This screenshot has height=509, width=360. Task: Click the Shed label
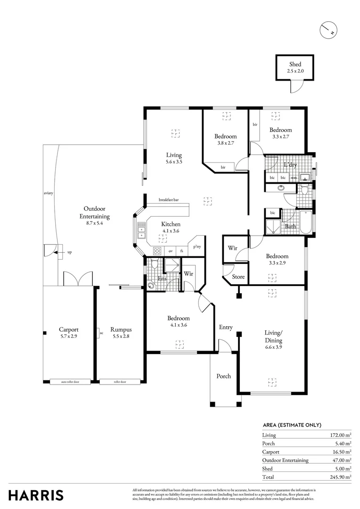[295, 65]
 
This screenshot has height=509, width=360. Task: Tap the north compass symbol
[327, 31]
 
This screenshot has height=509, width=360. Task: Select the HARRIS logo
[36, 495]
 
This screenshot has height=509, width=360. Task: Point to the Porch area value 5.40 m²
[342, 443]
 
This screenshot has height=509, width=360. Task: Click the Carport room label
[68, 329]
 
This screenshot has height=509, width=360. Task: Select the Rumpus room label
[121, 329]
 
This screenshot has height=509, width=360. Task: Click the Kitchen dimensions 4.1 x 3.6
[171, 231]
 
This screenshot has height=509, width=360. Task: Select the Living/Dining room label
[273, 337]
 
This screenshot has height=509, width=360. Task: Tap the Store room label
[238, 277]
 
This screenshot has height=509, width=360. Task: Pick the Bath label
[290, 227]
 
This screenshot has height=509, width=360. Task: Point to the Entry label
[226, 327]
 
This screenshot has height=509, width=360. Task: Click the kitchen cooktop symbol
[158, 251]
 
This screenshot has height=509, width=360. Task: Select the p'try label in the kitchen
[196, 246]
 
